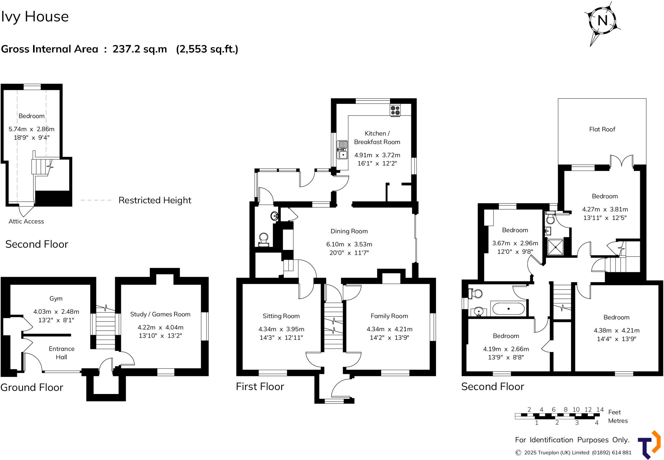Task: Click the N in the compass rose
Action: click(602, 21)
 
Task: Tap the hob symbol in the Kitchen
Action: click(395, 110)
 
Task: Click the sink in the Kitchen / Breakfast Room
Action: click(342, 150)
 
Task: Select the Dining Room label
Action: click(349, 231)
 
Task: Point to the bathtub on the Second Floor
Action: click(508, 309)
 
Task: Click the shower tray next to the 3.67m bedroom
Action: click(555, 247)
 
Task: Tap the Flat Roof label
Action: click(602, 129)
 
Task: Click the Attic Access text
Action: click(26, 221)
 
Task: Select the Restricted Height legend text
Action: click(155, 200)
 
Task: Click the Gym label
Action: click(56, 298)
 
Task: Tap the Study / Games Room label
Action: click(160, 314)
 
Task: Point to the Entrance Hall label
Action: click(62, 353)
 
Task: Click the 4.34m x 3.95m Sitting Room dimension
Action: click(281, 329)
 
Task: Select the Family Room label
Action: click(389, 316)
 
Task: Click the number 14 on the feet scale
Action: click(600, 410)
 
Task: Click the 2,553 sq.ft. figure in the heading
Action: click(207, 49)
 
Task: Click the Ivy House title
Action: click(35, 17)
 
